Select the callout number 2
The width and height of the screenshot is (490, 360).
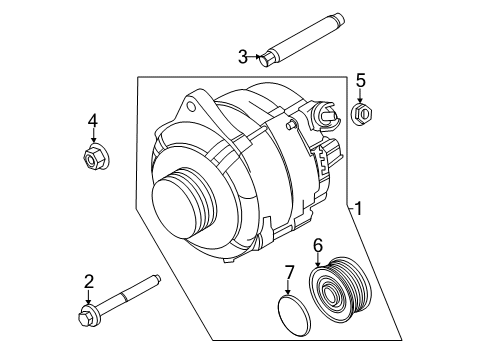click(88, 282)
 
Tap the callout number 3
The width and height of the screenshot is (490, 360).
click(241, 56)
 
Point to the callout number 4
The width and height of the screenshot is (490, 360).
click(93, 122)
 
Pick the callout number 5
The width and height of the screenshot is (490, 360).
click(362, 79)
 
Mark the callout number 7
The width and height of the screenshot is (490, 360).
click(289, 273)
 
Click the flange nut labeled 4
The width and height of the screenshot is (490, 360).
click(93, 156)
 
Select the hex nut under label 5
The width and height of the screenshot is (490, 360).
click(363, 115)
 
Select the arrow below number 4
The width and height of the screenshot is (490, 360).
click(93, 137)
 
